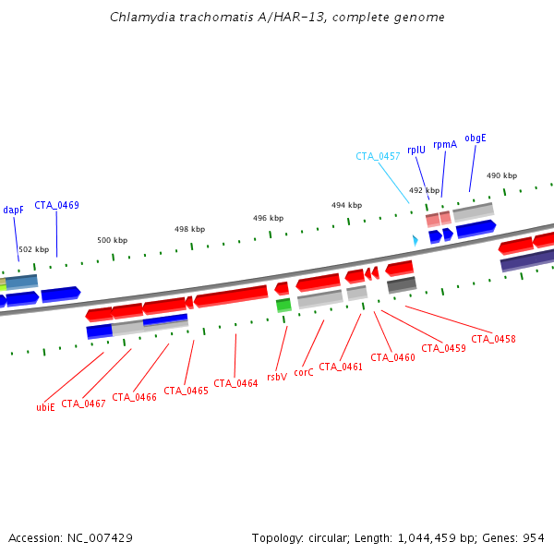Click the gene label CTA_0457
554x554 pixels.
coord(378,157)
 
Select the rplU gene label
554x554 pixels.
coord(416,150)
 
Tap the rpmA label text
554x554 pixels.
coord(445,144)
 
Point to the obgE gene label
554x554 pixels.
coord(476,138)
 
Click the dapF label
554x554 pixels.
coord(13,211)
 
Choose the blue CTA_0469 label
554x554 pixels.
coord(56,205)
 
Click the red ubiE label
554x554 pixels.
coord(45,407)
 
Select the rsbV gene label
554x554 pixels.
coord(277,378)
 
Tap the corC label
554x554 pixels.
coord(305,374)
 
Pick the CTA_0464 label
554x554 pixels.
coord(235,383)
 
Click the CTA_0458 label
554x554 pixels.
coord(493,340)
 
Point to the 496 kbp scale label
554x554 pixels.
coord(269,219)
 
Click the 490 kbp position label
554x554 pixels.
coord(502,176)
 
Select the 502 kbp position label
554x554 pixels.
coord(34,250)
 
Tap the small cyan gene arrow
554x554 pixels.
coord(415,240)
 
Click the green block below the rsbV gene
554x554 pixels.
coord(283,305)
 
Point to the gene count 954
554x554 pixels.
coord(533,537)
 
